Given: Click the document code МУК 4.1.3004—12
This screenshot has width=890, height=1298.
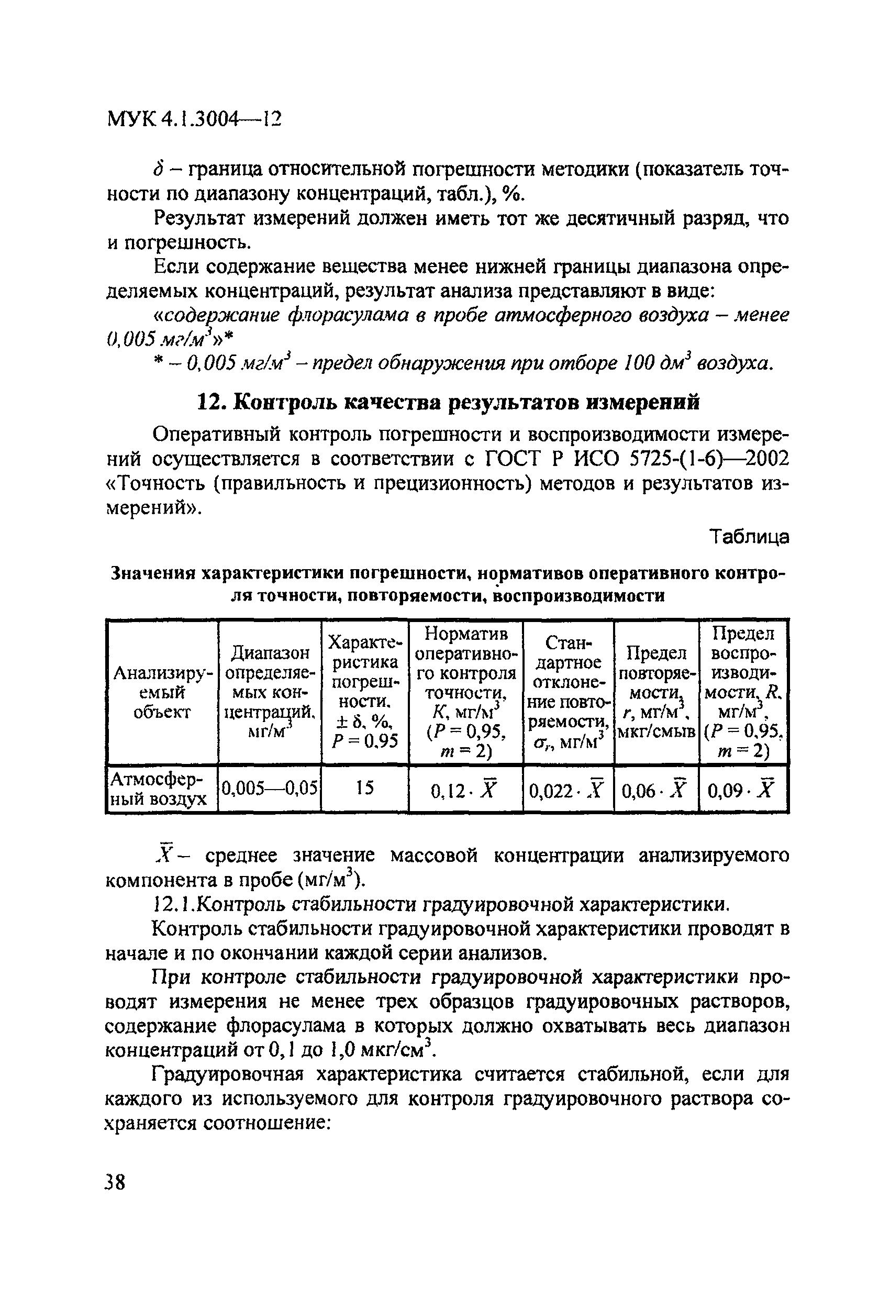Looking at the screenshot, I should click(194, 119).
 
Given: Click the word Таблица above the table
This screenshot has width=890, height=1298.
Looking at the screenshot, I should click(749, 537).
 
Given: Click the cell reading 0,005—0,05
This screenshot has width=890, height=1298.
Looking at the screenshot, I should click(270, 788).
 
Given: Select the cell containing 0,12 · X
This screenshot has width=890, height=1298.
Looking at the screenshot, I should click(465, 790).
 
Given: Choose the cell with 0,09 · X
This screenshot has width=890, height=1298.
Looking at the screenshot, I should click(742, 790).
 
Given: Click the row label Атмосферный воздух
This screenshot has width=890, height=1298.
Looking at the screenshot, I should click(159, 789).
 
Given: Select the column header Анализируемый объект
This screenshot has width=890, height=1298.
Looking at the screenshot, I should click(162, 693).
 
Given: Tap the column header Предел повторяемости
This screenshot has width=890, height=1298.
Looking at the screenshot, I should click(655, 693).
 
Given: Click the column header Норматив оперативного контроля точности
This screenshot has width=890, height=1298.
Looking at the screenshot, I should click(465, 693).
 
